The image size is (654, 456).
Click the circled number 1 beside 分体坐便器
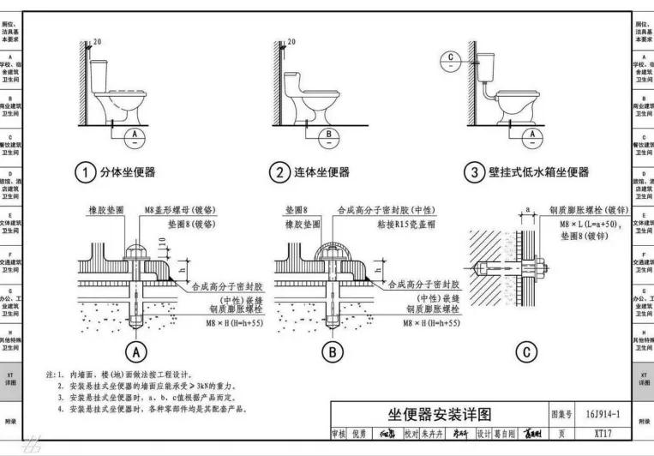click(84, 173)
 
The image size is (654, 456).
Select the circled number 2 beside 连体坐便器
click(278, 173)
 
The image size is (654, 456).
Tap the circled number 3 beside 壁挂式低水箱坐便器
click(473, 173)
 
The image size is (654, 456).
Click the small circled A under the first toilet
click(133, 135)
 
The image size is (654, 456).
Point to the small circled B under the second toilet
click(328, 135)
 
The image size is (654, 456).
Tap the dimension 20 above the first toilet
click(97, 42)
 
